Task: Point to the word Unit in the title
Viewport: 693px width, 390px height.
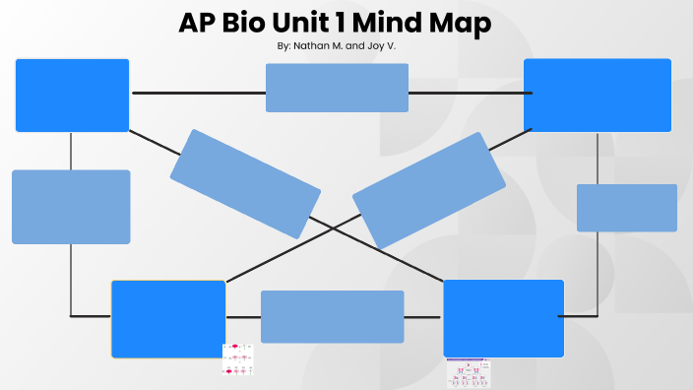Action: pos(310,24)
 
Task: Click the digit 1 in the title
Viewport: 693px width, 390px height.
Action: pos(352,24)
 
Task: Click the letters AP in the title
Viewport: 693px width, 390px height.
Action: pos(197,24)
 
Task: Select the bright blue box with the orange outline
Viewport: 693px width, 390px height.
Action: pos(168,319)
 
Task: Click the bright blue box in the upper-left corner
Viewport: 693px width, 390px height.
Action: pos(72,96)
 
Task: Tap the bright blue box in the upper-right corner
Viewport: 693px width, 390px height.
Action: pos(597,96)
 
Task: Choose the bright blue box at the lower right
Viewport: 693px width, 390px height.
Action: pos(503,318)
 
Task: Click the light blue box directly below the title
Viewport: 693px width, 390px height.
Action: pos(337,88)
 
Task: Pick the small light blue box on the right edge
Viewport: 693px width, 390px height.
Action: pos(626,208)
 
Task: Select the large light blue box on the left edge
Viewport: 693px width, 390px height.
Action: pos(71,207)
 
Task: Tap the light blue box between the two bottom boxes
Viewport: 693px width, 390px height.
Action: pos(332,316)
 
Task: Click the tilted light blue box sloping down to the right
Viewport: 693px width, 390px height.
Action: pos(245,184)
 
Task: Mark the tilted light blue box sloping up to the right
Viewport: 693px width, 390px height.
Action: pos(428,190)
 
